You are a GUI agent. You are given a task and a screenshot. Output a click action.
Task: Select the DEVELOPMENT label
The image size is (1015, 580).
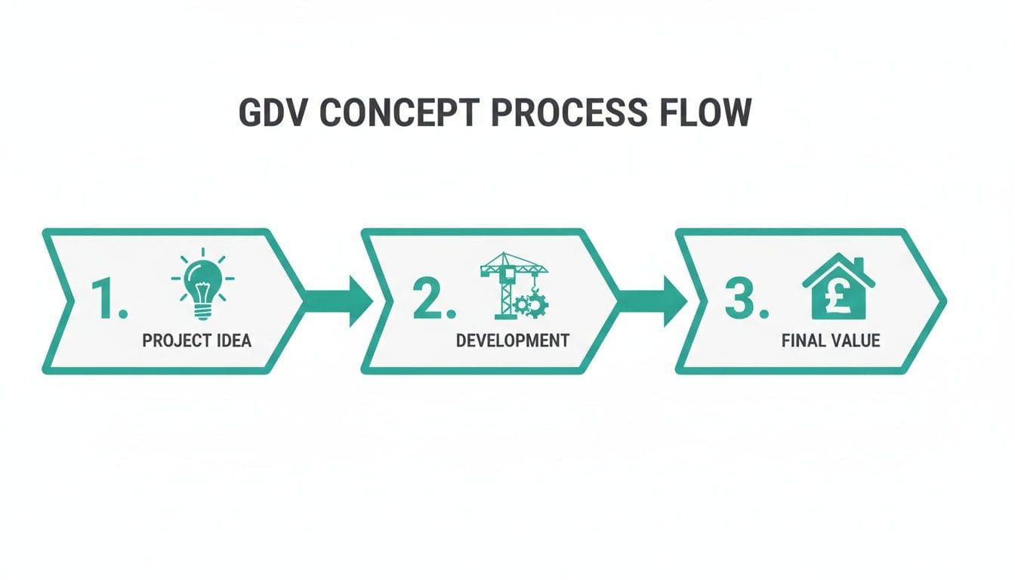[x=512, y=341]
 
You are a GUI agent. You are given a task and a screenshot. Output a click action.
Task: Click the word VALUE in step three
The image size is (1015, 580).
[x=855, y=341]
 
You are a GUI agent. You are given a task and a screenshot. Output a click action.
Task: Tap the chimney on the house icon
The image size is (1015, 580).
[x=859, y=264]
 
